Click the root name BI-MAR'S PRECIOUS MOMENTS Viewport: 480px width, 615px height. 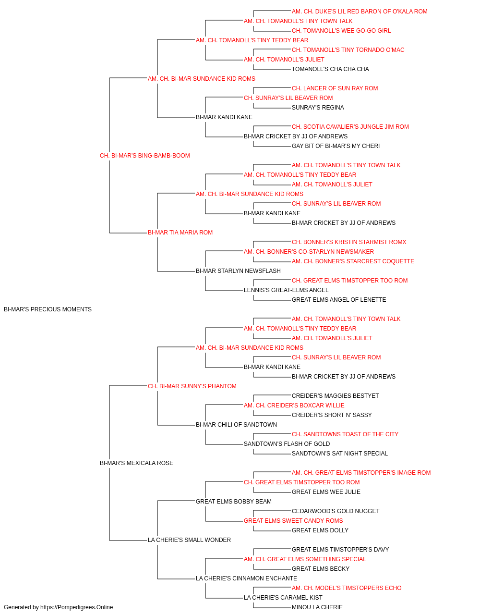48,309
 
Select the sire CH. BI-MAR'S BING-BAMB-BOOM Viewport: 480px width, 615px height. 145,156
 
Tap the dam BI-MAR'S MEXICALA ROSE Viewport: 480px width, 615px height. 136,463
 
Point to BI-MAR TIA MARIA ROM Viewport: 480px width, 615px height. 180,233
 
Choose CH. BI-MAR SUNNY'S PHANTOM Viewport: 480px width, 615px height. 192,386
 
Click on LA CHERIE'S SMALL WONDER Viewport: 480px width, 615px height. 189,540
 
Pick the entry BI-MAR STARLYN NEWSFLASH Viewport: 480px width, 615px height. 238,271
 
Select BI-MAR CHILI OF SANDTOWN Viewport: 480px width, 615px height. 236,425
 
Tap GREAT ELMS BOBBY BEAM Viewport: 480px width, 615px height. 233,502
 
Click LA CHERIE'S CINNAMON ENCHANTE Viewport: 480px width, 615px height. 246,578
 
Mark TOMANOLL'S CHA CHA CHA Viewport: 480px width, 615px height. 330,69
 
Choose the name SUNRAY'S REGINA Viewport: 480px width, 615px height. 318,108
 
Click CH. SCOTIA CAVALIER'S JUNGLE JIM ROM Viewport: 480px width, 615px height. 350,127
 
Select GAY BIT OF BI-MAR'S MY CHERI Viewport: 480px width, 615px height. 336,146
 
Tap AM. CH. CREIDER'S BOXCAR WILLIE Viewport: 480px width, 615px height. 294,406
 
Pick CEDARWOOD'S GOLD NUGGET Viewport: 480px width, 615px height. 336,511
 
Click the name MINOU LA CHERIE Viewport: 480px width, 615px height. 317,607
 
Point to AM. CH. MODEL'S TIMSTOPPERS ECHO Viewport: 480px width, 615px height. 347,588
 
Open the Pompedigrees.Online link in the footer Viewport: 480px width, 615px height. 76,607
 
